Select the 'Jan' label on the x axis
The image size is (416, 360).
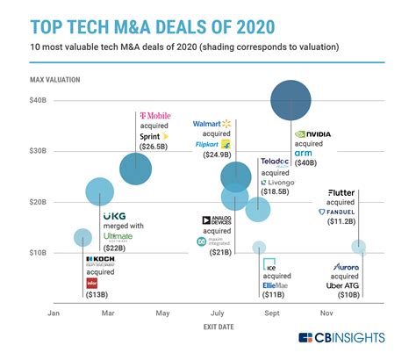pyautogui.click(x=54, y=312)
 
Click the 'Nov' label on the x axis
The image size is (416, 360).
pyautogui.click(x=326, y=312)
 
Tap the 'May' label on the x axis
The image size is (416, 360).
pyautogui.click(x=162, y=312)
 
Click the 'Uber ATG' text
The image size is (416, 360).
pyautogui.click(x=343, y=285)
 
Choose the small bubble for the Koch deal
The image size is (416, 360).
pyautogui.click(x=82, y=237)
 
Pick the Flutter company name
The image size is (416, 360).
pyautogui.click(x=341, y=192)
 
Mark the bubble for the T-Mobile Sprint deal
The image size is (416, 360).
pyautogui.click(x=135, y=169)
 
